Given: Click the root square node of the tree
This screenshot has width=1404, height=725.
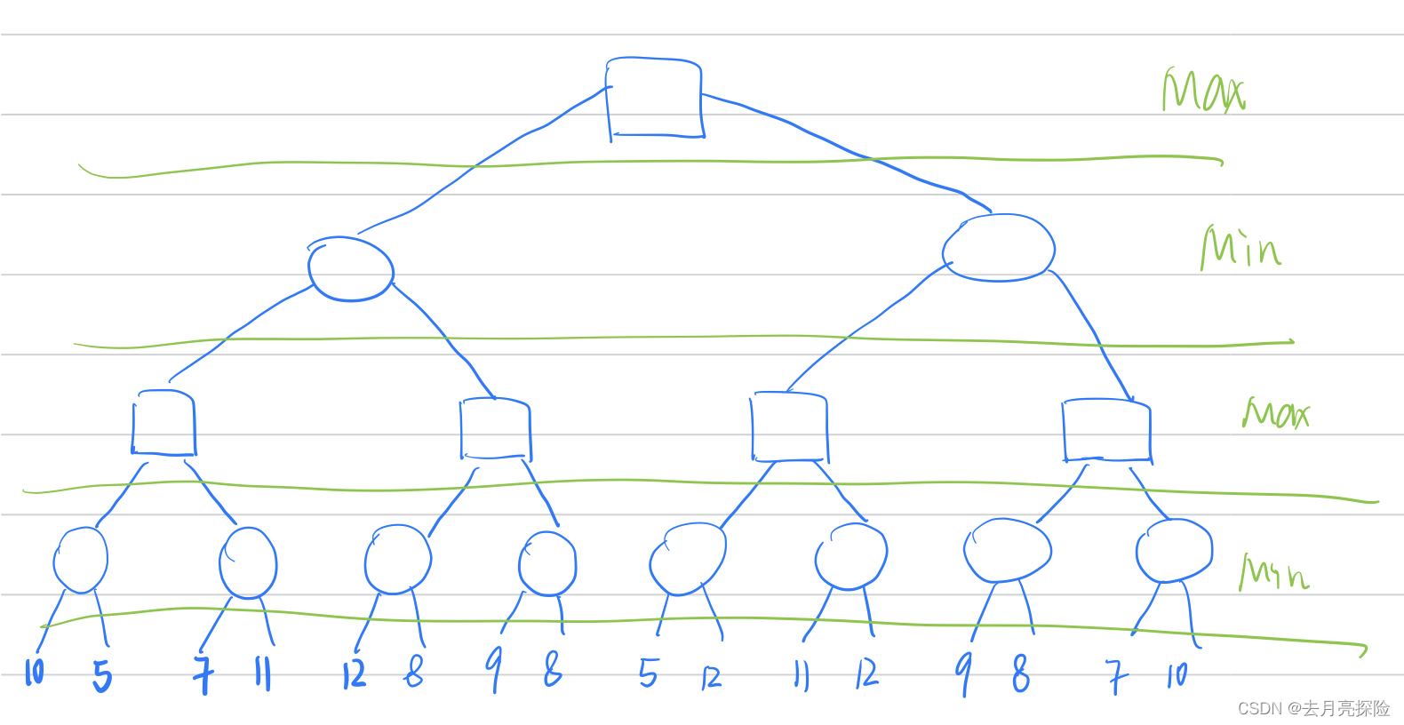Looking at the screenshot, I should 655,98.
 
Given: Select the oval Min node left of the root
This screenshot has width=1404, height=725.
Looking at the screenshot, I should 351,269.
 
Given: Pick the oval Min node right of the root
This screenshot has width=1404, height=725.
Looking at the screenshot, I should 999,248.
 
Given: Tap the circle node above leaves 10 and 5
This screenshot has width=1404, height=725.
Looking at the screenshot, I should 81,560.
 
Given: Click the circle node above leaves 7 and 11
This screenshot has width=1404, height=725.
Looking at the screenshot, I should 248,562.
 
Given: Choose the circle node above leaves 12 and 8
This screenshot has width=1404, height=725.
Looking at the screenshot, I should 398,559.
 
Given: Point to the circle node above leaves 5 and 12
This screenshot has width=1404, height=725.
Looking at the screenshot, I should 688,558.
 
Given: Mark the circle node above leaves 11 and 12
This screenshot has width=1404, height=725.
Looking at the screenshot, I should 851,556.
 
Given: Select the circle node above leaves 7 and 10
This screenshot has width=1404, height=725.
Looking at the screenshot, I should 1174,551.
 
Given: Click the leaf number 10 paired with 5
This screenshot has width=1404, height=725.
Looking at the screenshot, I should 34,672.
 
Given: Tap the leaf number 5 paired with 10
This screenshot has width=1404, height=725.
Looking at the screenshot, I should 103,677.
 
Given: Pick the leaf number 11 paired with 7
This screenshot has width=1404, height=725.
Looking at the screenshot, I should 262,673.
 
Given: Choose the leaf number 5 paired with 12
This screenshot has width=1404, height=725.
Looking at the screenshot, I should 649,673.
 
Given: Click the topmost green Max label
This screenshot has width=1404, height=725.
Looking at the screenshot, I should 1204,91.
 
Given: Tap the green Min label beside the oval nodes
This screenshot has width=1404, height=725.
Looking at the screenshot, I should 1240,247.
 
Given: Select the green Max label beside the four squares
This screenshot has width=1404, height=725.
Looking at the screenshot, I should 1276,413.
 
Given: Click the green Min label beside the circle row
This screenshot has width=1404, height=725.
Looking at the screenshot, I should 1274,573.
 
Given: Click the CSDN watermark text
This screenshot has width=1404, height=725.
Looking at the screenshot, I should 1313,708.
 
